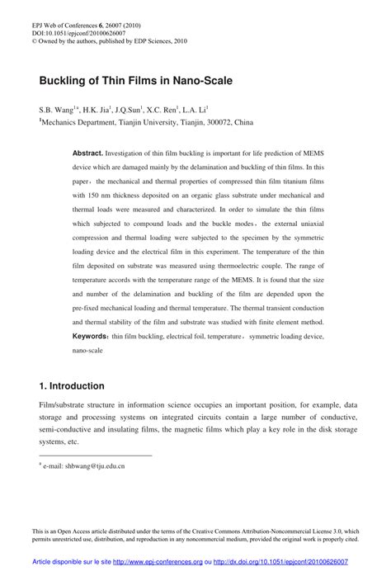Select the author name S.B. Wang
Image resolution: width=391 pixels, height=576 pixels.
click(x=56, y=108)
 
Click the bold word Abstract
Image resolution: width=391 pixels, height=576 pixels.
click(x=87, y=154)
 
